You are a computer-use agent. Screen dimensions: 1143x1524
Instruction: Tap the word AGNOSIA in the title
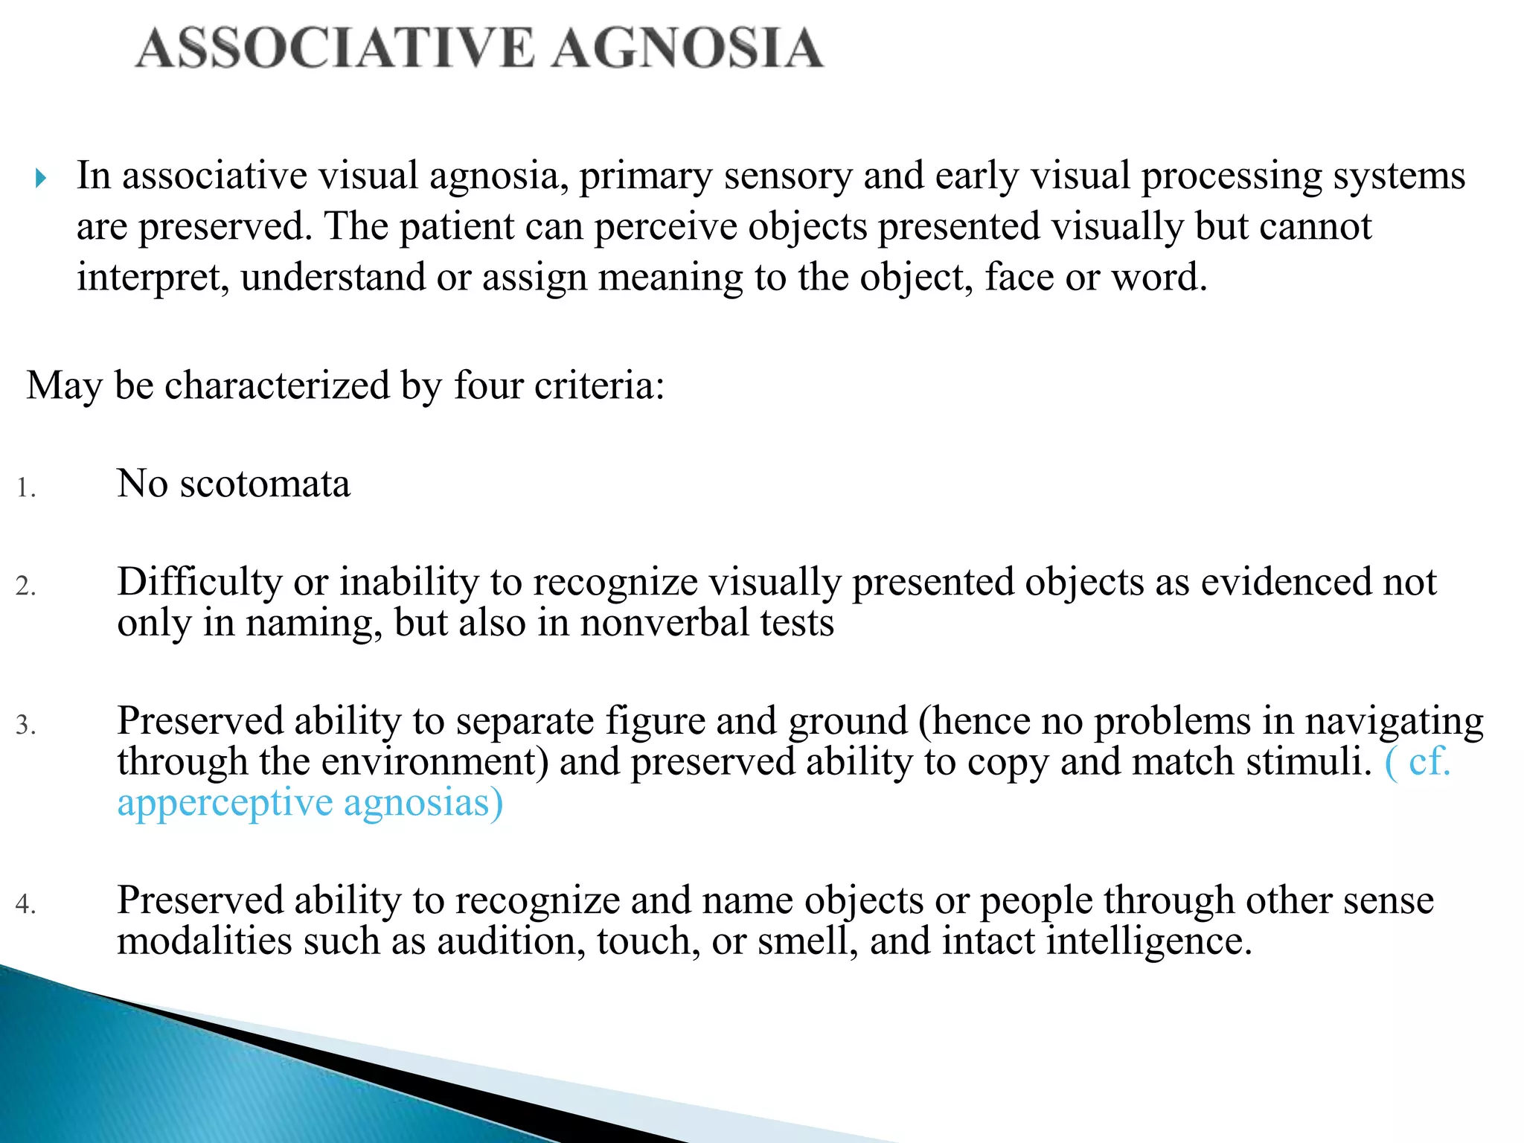688,48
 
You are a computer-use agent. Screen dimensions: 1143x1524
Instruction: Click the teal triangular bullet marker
41,179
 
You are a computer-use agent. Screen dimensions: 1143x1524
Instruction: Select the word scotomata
265,484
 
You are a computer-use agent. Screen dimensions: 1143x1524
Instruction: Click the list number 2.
26,586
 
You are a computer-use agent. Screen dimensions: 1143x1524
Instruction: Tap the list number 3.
26,726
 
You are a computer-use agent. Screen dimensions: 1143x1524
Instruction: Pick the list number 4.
26,905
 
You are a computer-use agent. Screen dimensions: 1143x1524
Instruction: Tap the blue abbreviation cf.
1429,762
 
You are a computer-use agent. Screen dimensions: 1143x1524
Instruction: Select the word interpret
153,278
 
